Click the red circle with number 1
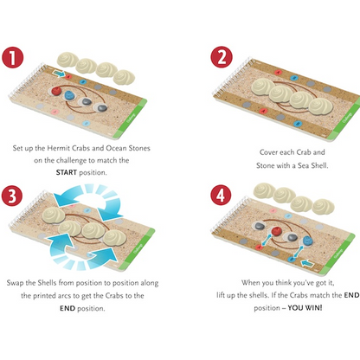[12, 58]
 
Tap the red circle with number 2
[222, 57]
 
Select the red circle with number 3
[12, 196]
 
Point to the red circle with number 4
[221, 195]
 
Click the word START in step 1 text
[67, 172]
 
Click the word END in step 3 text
[67, 308]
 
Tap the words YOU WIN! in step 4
[305, 307]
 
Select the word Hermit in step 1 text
[59, 148]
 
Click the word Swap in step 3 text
[15, 283]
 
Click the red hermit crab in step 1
[56, 91]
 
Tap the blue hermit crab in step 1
[69, 95]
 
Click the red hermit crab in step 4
[276, 231]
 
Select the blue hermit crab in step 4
[307, 241]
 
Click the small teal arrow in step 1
[59, 74]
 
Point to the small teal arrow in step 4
[306, 263]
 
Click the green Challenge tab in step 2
[345, 118]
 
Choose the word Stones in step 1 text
[139, 148]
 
